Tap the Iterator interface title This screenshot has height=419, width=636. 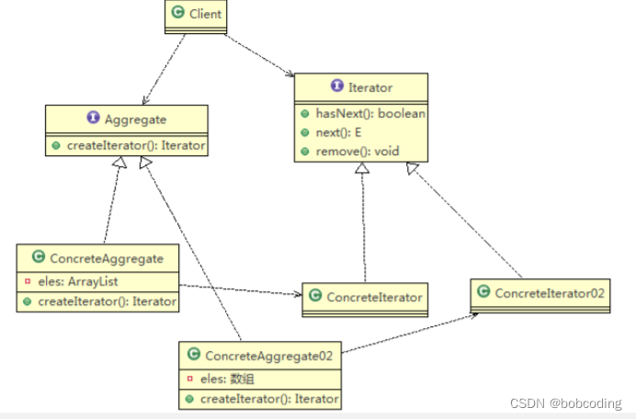pyautogui.click(x=370, y=87)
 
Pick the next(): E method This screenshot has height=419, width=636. pyautogui.click(x=338, y=132)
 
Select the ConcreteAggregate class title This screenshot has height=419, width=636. pyautogui.click(x=106, y=258)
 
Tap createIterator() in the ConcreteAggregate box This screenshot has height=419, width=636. pyautogui.click(x=107, y=300)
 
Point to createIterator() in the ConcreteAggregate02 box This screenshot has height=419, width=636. pyautogui.click(x=267, y=399)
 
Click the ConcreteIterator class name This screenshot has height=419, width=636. pyautogui.click(x=374, y=296)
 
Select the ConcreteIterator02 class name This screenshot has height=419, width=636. pyautogui.click(x=548, y=292)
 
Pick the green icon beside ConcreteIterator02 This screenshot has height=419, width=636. pyautogui.click(x=484, y=292)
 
